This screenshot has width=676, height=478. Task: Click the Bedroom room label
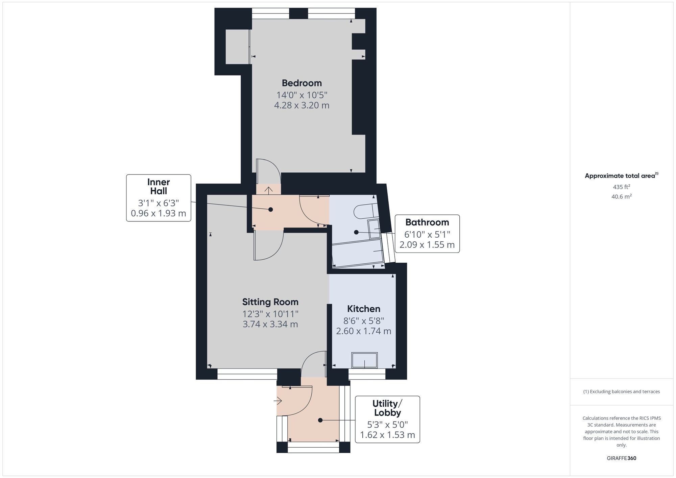(302, 83)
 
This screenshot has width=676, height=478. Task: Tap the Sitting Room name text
(270, 302)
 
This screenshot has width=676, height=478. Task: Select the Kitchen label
(364, 309)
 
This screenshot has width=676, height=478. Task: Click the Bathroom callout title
(427, 222)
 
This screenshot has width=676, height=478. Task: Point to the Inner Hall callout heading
(159, 187)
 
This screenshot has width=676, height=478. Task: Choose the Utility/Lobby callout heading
(387, 408)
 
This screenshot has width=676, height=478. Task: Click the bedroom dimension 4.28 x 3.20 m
(302, 105)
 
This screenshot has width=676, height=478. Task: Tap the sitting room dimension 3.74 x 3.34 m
(270, 324)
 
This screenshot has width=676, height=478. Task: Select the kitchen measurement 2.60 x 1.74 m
(364, 331)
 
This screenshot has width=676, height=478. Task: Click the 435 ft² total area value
(622, 187)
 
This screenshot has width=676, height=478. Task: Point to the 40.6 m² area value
(622, 196)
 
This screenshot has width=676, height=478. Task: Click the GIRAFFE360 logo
(622, 458)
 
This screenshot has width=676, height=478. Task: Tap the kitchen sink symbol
(364, 360)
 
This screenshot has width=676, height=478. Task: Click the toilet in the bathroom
(364, 211)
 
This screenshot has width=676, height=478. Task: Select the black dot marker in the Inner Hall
(270, 210)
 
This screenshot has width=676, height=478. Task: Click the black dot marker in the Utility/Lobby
(320, 420)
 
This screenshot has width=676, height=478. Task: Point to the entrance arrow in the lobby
(278, 401)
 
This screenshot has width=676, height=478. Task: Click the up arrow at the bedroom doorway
(268, 191)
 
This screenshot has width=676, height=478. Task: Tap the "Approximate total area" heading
(620, 176)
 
